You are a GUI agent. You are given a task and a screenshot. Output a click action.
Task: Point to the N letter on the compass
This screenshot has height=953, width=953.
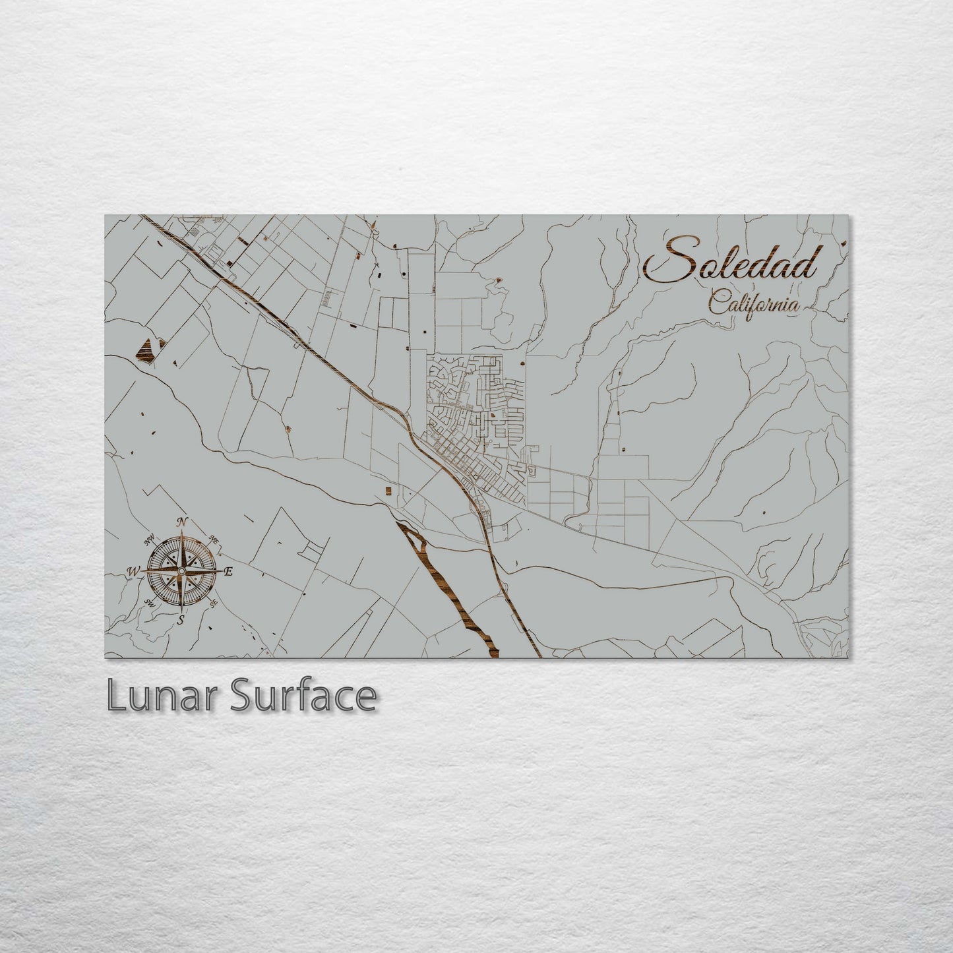(183, 522)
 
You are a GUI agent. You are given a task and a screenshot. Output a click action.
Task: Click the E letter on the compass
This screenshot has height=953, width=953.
(229, 572)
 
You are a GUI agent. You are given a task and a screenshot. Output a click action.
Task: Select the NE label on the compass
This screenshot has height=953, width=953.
(214, 539)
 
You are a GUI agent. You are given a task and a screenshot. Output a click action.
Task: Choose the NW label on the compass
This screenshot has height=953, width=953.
(150, 539)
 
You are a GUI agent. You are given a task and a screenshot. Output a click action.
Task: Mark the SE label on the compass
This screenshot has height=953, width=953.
(213, 603)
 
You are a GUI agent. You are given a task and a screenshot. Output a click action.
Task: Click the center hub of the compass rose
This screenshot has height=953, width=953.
(181, 570)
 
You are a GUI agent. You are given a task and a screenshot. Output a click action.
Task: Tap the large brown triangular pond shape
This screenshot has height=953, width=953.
(148, 349)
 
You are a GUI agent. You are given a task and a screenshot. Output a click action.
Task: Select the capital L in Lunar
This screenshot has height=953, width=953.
(115, 696)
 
